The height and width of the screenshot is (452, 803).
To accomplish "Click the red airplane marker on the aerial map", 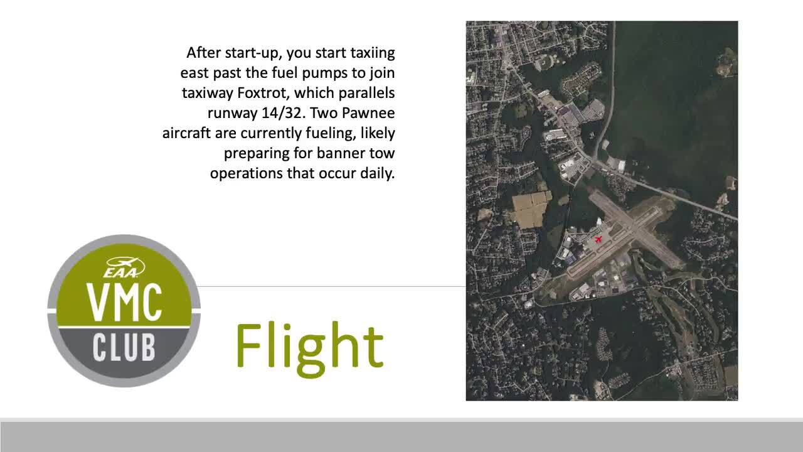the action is pos(598,239).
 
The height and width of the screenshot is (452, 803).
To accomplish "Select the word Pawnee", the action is pos(368,113).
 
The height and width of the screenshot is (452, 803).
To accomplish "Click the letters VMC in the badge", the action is pos(124,303).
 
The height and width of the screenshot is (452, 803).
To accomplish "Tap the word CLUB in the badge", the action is pos(124,347).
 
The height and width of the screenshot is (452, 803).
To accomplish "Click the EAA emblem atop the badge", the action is pos(124,267).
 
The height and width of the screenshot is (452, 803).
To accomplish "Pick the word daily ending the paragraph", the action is pos(378,173).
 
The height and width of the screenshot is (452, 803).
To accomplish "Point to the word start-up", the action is pos(250,53).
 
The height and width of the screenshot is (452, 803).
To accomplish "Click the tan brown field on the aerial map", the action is pos(531,210).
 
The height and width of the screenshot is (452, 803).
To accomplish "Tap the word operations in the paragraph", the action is pos(247,174).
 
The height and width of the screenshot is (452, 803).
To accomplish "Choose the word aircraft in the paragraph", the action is pos(186,133).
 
